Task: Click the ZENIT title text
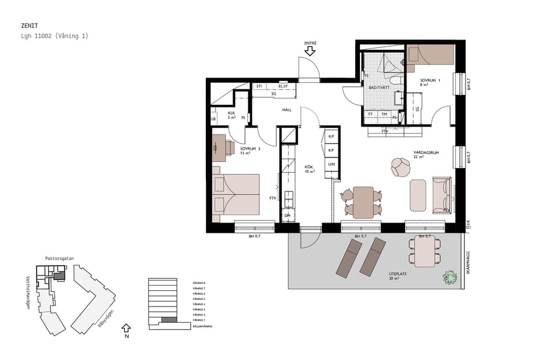tap(29, 26)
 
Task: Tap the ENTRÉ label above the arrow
tap(310, 43)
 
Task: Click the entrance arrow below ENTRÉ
tap(310, 52)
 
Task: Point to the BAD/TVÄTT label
tap(380, 88)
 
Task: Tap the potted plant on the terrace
tap(449, 277)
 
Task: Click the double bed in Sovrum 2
tap(236, 194)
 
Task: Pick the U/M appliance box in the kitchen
tap(331, 164)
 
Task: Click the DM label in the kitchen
tap(287, 215)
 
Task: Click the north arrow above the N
tap(125, 328)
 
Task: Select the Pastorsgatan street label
tap(59, 259)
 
